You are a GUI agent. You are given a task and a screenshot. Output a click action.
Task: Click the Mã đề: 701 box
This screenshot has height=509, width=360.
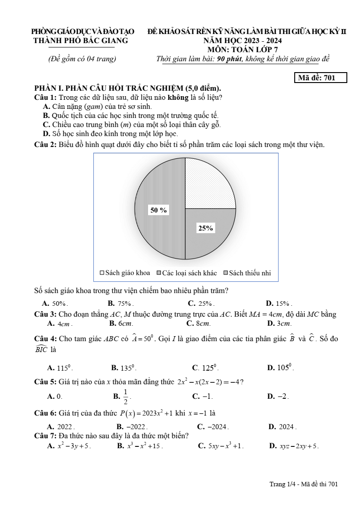click(x=321, y=78)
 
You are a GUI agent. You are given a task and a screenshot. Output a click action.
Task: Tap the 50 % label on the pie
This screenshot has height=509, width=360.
click(x=159, y=210)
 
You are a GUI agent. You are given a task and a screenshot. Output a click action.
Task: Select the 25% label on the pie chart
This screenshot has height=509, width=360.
click(x=205, y=228)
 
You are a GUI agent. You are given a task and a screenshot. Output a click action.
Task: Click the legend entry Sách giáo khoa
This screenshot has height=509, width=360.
click(x=125, y=273)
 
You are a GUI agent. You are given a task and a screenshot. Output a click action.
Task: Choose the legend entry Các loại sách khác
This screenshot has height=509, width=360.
click(x=186, y=273)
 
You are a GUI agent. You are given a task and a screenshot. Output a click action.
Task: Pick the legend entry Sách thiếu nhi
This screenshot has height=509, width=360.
click(x=247, y=273)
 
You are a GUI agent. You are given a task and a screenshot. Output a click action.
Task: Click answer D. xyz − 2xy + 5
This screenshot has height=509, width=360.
click(x=294, y=446)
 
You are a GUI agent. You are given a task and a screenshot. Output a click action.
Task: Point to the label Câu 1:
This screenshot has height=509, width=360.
click(x=45, y=98)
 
